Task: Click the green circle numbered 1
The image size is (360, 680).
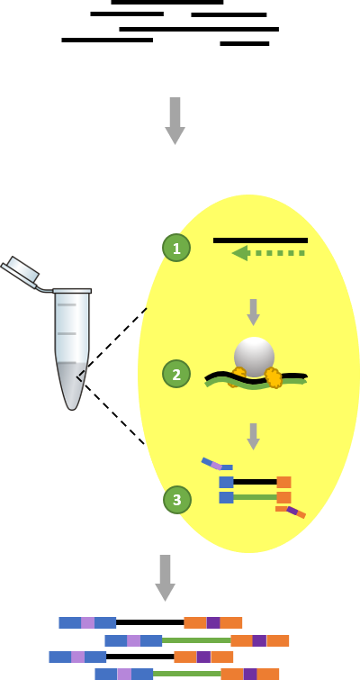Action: [176, 248]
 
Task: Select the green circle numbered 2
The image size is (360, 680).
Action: [176, 374]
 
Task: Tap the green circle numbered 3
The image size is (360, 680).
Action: [176, 500]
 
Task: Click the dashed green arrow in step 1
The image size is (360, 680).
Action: [268, 253]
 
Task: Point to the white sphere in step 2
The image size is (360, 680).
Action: [255, 357]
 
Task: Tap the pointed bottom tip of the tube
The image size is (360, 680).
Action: [72, 409]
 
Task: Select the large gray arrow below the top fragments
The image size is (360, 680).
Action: [175, 121]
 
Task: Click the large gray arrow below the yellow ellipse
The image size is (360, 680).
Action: [165, 577]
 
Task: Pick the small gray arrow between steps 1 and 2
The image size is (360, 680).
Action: [254, 313]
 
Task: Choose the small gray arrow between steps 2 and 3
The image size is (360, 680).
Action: [254, 437]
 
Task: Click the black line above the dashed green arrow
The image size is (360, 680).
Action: [260, 240]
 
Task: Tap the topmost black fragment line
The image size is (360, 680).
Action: [167, 2]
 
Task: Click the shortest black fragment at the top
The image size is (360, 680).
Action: [244, 43]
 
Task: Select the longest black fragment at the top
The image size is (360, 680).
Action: [199, 29]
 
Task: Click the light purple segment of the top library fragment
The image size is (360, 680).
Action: [87, 622]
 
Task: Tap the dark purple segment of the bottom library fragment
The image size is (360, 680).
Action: [250, 675]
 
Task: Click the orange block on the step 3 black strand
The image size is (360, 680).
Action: [283, 482]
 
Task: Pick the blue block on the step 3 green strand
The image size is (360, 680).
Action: [226, 497]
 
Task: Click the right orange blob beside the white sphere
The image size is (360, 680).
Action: [274, 377]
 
